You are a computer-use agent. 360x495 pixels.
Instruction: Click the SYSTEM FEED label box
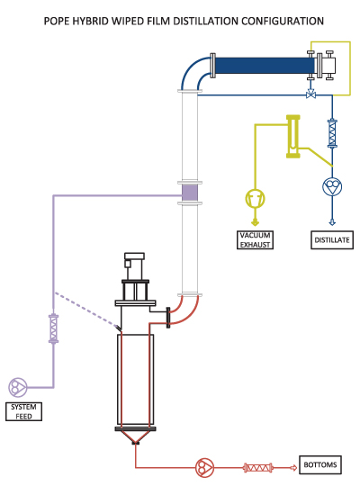click(x=23, y=411)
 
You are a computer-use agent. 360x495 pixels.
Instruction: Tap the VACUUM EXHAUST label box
click(x=256, y=240)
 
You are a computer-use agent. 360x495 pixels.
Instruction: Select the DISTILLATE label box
click(x=332, y=240)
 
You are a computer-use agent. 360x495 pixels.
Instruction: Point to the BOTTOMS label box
click(x=320, y=464)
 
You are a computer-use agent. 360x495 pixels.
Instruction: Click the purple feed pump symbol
click(x=18, y=387)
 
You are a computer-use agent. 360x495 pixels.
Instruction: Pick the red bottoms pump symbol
click(x=204, y=467)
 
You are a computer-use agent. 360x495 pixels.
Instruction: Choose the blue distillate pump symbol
click(x=332, y=186)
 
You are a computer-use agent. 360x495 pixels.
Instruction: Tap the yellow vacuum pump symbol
click(x=256, y=198)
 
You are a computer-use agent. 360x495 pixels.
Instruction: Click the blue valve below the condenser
click(x=310, y=94)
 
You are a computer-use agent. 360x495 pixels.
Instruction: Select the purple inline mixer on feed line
click(x=53, y=328)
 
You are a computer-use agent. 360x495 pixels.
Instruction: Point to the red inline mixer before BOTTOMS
click(x=258, y=467)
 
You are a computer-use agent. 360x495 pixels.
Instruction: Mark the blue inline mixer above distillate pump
click(x=332, y=133)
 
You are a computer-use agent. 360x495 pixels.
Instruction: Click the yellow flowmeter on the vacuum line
click(x=293, y=137)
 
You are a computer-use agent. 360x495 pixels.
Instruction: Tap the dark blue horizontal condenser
click(x=265, y=66)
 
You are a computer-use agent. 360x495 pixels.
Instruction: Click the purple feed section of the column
click(x=190, y=193)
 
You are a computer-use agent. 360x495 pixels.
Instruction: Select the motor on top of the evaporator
click(x=134, y=265)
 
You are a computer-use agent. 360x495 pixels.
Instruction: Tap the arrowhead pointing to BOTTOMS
click(x=293, y=467)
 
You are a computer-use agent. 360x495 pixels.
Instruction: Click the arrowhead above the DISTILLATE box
click(x=332, y=222)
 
